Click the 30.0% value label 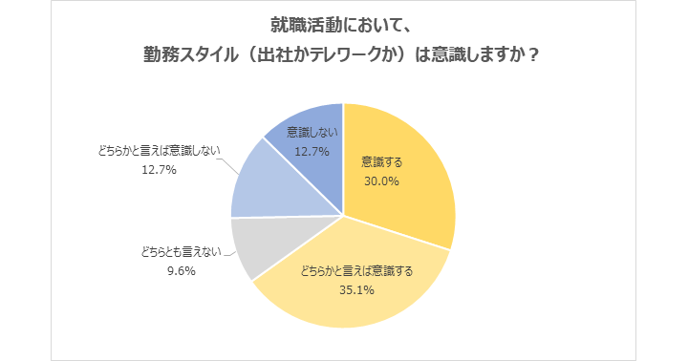[380, 180]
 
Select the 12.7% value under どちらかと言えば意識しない [158, 170]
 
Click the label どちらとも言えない [180, 252]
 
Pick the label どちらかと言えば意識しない [158, 152]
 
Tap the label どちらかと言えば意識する [356, 270]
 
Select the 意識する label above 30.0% [380, 161]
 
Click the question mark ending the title [534, 54]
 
